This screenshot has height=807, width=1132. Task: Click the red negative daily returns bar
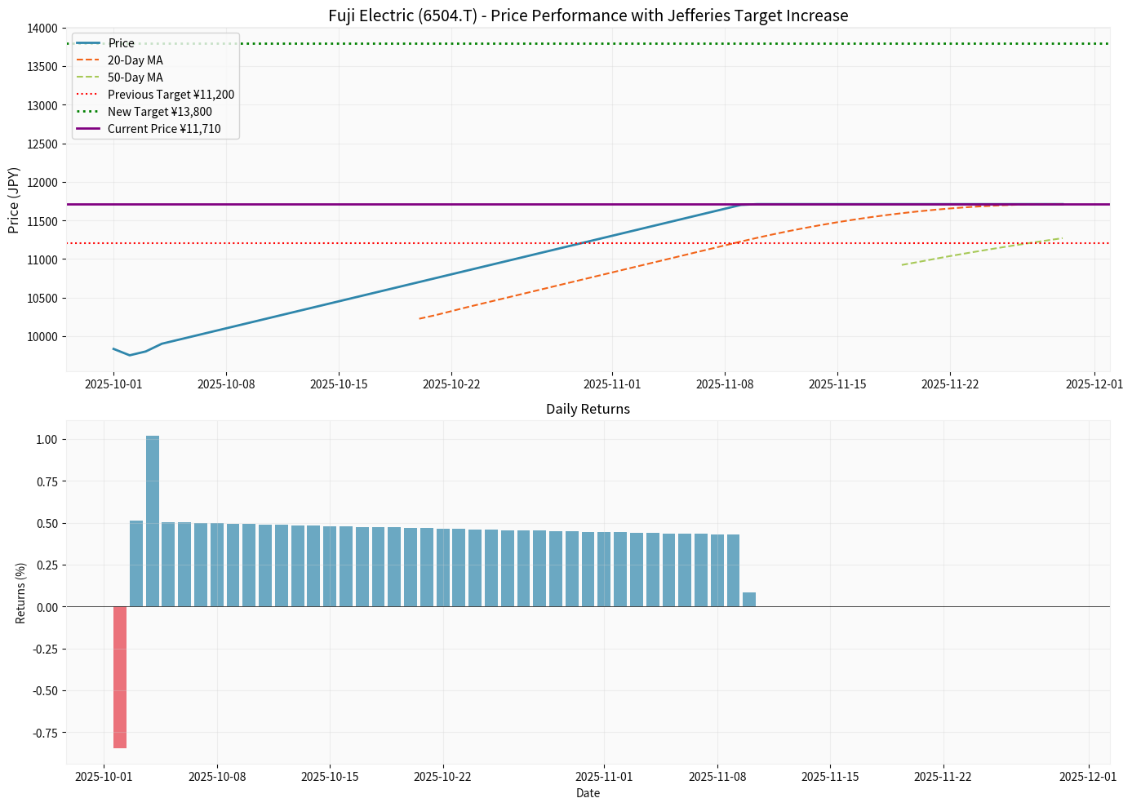pyautogui.click(x=120, y=677)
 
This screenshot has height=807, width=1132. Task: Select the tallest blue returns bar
pyautogui.click(x=153, y=522)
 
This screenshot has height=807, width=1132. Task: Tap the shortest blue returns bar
pyautogui.click(x=749, y=600)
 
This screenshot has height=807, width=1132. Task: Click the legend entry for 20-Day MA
pyautogui.click(x=135, y=60)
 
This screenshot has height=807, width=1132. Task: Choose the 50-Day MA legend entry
pyautogui.click(x=135, y=78)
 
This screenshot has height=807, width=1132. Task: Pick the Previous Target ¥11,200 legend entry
pyautogui.click(x=171, y=95)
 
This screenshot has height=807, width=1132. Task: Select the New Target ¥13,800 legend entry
pyautogui.click(x=159, y=112)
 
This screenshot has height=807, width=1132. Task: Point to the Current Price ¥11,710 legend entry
pyautogui.click(x=163, y=129)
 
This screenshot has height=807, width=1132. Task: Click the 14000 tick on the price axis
pyautogui.click(x=43, y=29)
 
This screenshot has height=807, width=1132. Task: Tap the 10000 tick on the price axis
pyautogui.click(x=43, y=337)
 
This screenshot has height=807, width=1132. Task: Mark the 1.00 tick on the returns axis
pyautogui.click(x=47, y=440)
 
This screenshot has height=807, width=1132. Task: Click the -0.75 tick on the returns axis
pyautogui.click(x=45, y=733)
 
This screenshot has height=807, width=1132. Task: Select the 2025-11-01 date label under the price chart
pyautogui.click(x=612, y=384)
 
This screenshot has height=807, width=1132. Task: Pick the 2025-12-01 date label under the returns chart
pyautogui.click(x=1087, y=777)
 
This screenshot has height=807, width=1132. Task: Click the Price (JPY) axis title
pyautogui.click(x=14, y=200)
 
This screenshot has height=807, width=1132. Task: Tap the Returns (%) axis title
pyautogui.click(x=20, y=592)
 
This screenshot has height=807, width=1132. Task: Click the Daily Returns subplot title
pyautogui.click(x=588, y=410)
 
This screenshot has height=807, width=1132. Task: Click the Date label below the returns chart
pyautogui.click(x=588, y=793)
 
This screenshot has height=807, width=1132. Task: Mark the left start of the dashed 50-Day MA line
pyautogui.click(x=903, y=264)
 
